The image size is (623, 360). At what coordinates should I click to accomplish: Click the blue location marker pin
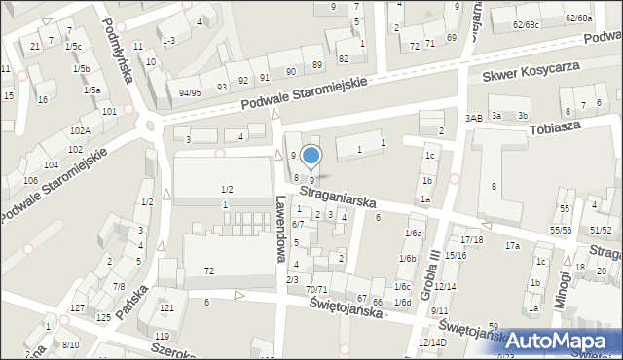click(x=311, y=156)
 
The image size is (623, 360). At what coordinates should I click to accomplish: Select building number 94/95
click(x=190, y=92)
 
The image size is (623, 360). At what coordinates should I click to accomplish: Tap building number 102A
click(x=80, y=130)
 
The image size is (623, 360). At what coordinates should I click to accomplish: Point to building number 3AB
click(x=474, y=118)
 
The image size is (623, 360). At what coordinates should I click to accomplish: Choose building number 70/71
click(x=315, y=290)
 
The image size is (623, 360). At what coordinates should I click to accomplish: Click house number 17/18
click(x=472, y=239)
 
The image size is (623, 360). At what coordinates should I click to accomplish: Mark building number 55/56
click(x=561, y=230)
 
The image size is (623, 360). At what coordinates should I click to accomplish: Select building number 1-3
click(x=168, y=40)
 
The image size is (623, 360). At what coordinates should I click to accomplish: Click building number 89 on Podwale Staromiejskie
click(x=317, y=64)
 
